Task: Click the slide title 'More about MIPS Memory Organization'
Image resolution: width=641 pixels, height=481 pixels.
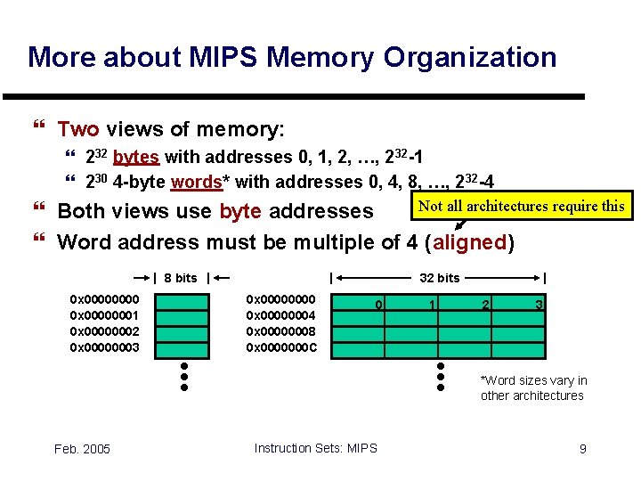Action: click(292, 58)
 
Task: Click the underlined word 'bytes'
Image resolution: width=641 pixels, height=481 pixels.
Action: click(135, 158)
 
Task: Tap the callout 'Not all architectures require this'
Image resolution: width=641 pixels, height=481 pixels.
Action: click(521, 206)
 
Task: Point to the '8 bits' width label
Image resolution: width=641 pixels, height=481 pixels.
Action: click(181, 278)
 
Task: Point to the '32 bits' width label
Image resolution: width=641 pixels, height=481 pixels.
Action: click(439, 278)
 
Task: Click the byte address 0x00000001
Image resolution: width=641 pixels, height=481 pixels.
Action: click(104, 314)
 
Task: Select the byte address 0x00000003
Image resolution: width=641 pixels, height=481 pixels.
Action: click(104, 346)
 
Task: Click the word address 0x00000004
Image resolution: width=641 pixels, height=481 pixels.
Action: click(280, 314)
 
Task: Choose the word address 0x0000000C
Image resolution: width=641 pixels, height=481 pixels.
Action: click(280, 346)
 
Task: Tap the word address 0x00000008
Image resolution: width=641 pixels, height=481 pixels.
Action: click(280, 330)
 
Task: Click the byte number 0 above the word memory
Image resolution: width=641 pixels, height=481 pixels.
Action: click(378, 306)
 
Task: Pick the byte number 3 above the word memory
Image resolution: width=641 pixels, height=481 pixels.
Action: click(539, 306)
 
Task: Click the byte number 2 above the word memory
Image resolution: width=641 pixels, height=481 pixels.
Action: click(484, 306)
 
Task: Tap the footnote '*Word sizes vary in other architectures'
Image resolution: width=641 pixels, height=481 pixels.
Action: click(532, 388)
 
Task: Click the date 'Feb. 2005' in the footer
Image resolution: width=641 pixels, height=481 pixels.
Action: click(82, 449)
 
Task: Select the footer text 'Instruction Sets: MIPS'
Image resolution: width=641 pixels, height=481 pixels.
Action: click(315, 448)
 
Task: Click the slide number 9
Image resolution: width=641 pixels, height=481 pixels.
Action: click(582, 449)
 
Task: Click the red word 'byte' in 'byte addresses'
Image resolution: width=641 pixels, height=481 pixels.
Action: click(239, 212)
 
